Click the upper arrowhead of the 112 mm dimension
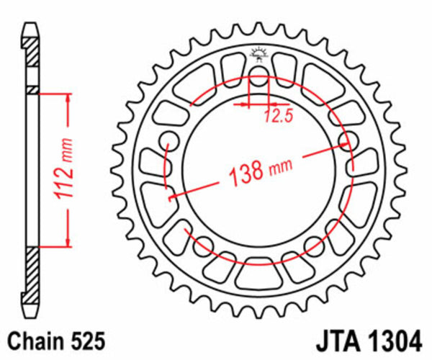click(x=68, y=98)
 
